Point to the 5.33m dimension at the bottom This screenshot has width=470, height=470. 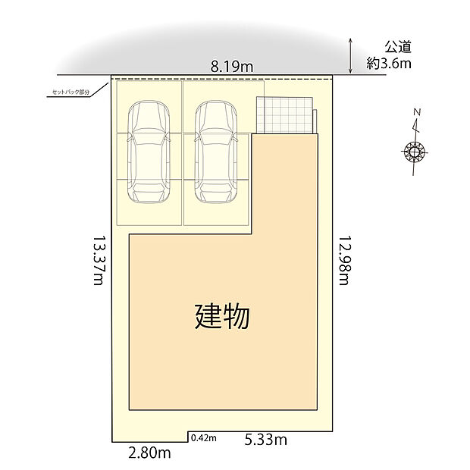(x=265, y=439)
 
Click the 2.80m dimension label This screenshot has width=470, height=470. (x=149, y=453)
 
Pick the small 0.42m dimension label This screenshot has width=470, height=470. (x=204, y=438)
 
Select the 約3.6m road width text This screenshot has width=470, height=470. (x=389, y=64)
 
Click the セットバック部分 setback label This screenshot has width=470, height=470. (x=70, y=92)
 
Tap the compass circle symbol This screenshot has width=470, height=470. (x=415, y=152)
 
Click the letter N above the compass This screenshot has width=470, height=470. (x=417, y=113)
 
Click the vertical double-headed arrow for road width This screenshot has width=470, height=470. (x=351, y=55)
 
